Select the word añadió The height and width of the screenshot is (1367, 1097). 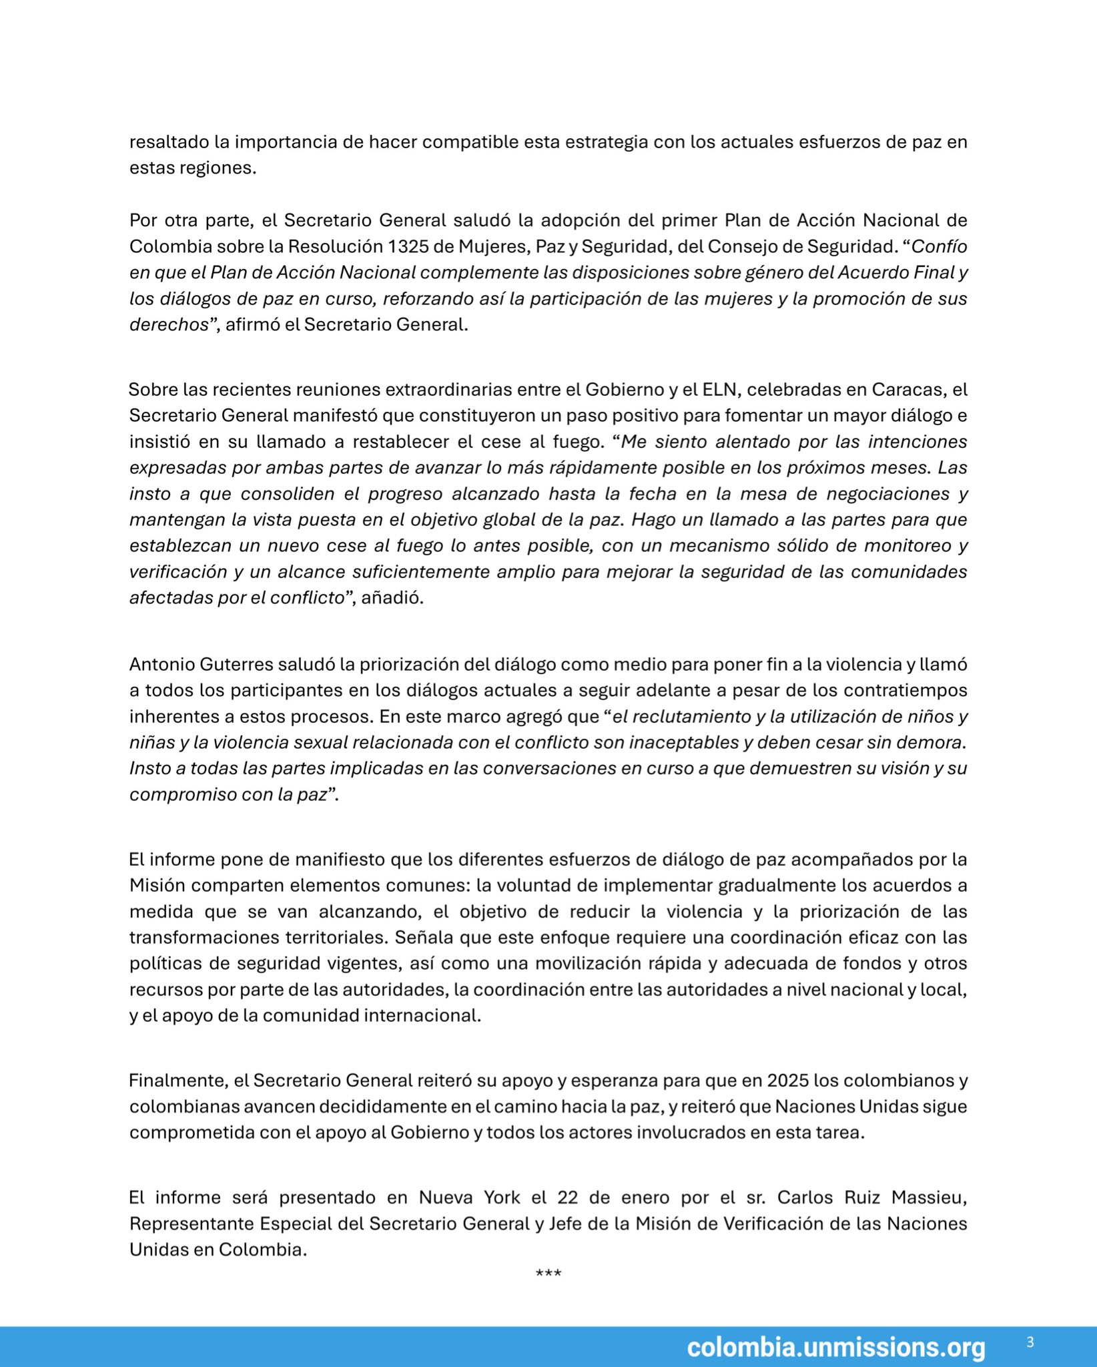coord(393,598)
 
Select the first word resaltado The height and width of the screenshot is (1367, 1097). coord(169,142)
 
